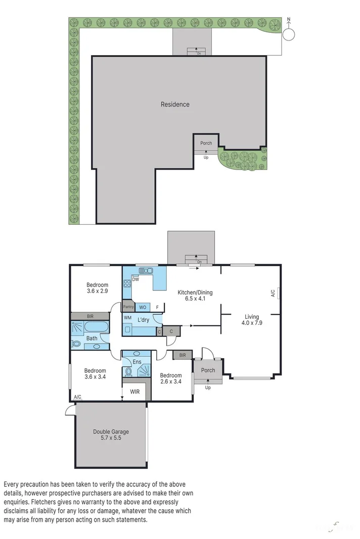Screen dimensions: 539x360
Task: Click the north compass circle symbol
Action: click(x=289, y=34)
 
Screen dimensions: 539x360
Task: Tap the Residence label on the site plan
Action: click(x=175, y=105)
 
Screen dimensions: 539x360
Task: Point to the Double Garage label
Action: click(x=111, y=435)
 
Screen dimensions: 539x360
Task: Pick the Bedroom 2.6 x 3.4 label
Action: click(x=171, y=379)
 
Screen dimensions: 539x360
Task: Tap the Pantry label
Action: click(x=128, y=307)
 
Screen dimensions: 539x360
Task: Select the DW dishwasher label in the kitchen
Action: click(x=136, y=279)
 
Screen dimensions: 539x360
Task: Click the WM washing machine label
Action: click(x=128, y=317)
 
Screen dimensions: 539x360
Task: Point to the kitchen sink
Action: click(x=146, y=271)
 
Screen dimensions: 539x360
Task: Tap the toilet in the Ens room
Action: click(x=128, y=372)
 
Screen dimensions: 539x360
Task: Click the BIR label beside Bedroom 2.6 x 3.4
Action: click(x=182, y=356)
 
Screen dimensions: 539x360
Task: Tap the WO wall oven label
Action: click(x=143, y=307)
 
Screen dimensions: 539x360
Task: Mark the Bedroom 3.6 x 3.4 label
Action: click(x=95, y=374)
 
